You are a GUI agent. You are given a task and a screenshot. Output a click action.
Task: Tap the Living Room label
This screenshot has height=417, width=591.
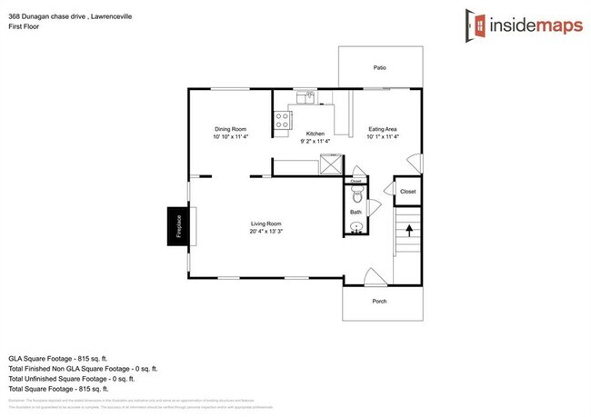[x=266, y=223]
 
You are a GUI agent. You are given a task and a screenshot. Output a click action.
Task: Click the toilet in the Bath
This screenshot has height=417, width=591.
[x=356, y=196]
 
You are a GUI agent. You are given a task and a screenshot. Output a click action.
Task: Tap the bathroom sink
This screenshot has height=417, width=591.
[x=356, y=227]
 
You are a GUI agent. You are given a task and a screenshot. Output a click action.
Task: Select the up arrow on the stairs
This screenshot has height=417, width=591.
[x=408, y=233]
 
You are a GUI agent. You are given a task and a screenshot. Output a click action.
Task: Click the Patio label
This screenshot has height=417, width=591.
[x=379, y=67]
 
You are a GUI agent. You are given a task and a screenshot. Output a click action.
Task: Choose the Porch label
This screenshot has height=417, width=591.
[x=380, y=301]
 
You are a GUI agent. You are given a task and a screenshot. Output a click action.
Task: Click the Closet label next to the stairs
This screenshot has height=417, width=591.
[x=407, y=192]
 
